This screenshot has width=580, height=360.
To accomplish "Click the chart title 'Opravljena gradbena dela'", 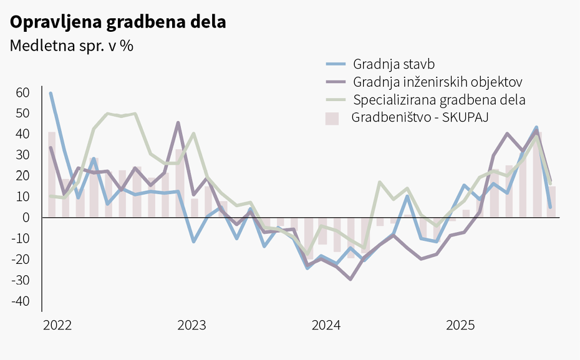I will (117, 22).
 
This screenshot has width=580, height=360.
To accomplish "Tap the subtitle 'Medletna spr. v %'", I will (72, 46).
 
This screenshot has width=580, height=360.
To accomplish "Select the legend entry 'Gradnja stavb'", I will (394, 64).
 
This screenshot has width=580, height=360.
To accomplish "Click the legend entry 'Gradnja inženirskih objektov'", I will (437, 82).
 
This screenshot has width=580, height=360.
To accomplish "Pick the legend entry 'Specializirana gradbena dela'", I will (439, 100).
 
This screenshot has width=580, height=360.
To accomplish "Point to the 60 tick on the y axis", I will (22, 93).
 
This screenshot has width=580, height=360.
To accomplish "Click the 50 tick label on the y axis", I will (22, 114).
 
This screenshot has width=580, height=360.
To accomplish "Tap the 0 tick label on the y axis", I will (26, 218).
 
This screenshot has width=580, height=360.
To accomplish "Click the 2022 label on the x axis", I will (57, 326).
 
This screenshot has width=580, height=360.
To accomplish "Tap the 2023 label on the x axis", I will (191, 326).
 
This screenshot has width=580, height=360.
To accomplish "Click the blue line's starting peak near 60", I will (51, 94).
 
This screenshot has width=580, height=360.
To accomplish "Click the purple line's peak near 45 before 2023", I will (178, 123).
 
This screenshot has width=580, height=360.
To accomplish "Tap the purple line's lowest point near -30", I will (350, 279).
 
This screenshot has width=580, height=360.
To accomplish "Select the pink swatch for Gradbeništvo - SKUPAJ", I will (332, 118).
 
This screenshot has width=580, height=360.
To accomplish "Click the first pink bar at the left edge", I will (52, 175).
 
